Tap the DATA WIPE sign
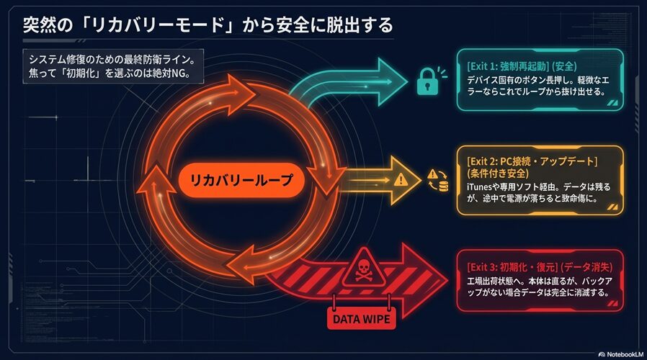(x=362, y=317)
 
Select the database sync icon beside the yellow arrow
(x=437, y=180)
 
